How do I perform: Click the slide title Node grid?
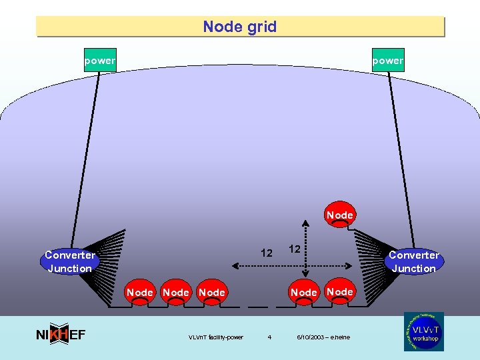[x=240, y=27]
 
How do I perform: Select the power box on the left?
[x=100, y=61]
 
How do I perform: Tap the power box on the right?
[x=388, y=61]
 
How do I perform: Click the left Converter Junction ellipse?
[x=69, y=262]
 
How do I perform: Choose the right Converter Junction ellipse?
[x=413, y=262]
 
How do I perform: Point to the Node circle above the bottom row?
[x=339, y=215]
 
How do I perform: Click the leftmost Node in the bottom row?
[x=140, y=293]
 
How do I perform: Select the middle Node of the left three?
[x=176, y=293]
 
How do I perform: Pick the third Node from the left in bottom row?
[x=212, y=293]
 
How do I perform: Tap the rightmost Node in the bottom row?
[x=340, y=292]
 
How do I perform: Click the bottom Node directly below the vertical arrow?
[x=304, y=293]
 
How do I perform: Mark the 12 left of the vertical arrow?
[x=267, y=253]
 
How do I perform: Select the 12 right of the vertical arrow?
[x=294, y=249]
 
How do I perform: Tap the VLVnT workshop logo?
[x=423, y=331]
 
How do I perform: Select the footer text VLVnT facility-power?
[x=216, y=337]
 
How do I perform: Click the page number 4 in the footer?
[x=269, y=337]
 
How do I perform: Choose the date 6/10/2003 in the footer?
[x=323, y=337]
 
